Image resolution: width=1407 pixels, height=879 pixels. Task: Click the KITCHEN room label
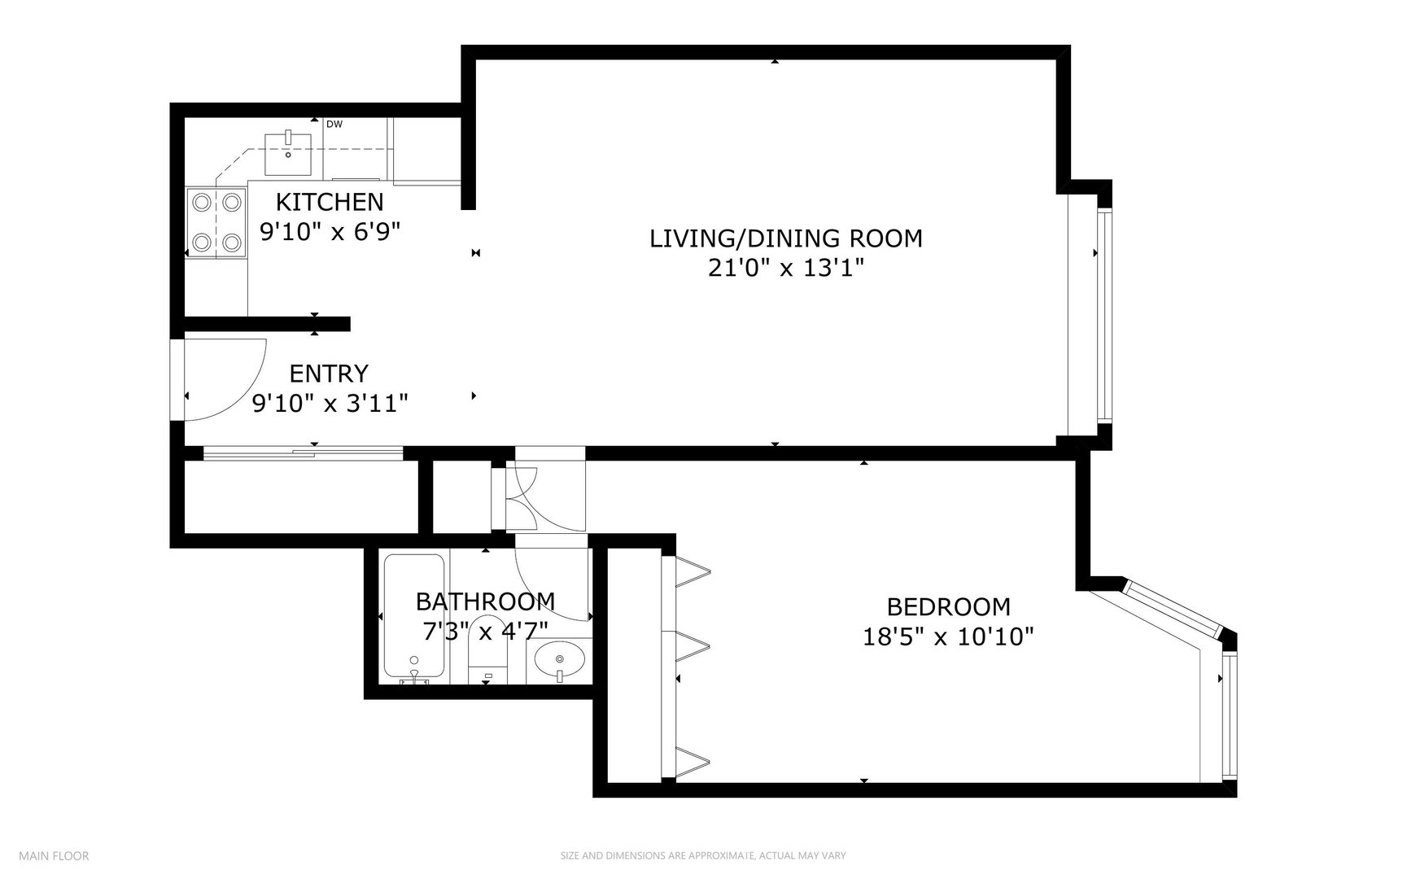pos(329,201)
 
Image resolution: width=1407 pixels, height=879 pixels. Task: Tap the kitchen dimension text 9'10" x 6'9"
pos(330,231)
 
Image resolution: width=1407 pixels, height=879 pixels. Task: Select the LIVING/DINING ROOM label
pos(785,238)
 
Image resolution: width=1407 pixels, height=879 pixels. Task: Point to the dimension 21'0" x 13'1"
pos(785,268)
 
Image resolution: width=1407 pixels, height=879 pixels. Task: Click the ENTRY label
pos(329,374)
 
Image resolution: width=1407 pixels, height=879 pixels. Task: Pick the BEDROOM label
pos(948,606)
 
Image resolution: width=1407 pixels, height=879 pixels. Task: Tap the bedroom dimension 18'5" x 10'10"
pos(948,636)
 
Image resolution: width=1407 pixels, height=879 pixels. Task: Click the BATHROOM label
pos(485,601)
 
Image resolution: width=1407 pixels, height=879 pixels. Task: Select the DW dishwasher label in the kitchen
pos(334,125)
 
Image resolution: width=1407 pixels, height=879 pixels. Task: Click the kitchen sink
pos(289,153)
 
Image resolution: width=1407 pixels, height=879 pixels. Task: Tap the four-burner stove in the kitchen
pos(216,221)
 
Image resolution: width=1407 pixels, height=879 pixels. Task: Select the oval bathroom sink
pos(560,658)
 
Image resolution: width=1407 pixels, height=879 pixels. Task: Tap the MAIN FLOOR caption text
pos(54,855)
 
